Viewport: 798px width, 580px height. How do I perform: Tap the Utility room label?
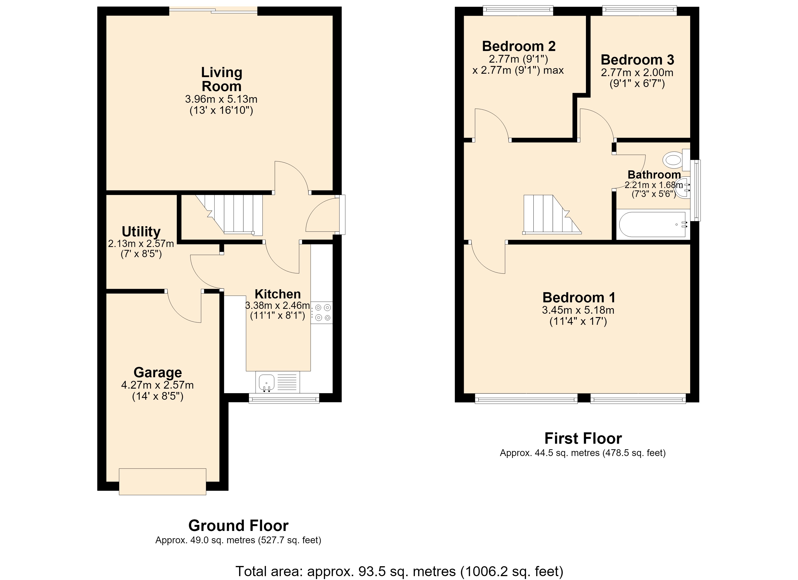(141, 232)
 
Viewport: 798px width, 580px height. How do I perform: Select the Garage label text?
(158, 372)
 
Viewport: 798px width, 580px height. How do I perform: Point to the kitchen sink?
(278, 382)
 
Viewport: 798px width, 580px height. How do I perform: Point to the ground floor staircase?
(229, 215)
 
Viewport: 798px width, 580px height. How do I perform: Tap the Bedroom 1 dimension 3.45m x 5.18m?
(578, 310)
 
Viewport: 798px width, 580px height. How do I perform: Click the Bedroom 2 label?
(519, 46)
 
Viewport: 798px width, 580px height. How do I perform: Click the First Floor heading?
(583, 439)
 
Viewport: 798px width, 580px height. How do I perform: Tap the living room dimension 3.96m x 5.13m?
(221, 99)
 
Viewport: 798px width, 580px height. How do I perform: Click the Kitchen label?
(278, 294)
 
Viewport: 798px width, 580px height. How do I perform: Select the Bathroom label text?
(654, 174)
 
